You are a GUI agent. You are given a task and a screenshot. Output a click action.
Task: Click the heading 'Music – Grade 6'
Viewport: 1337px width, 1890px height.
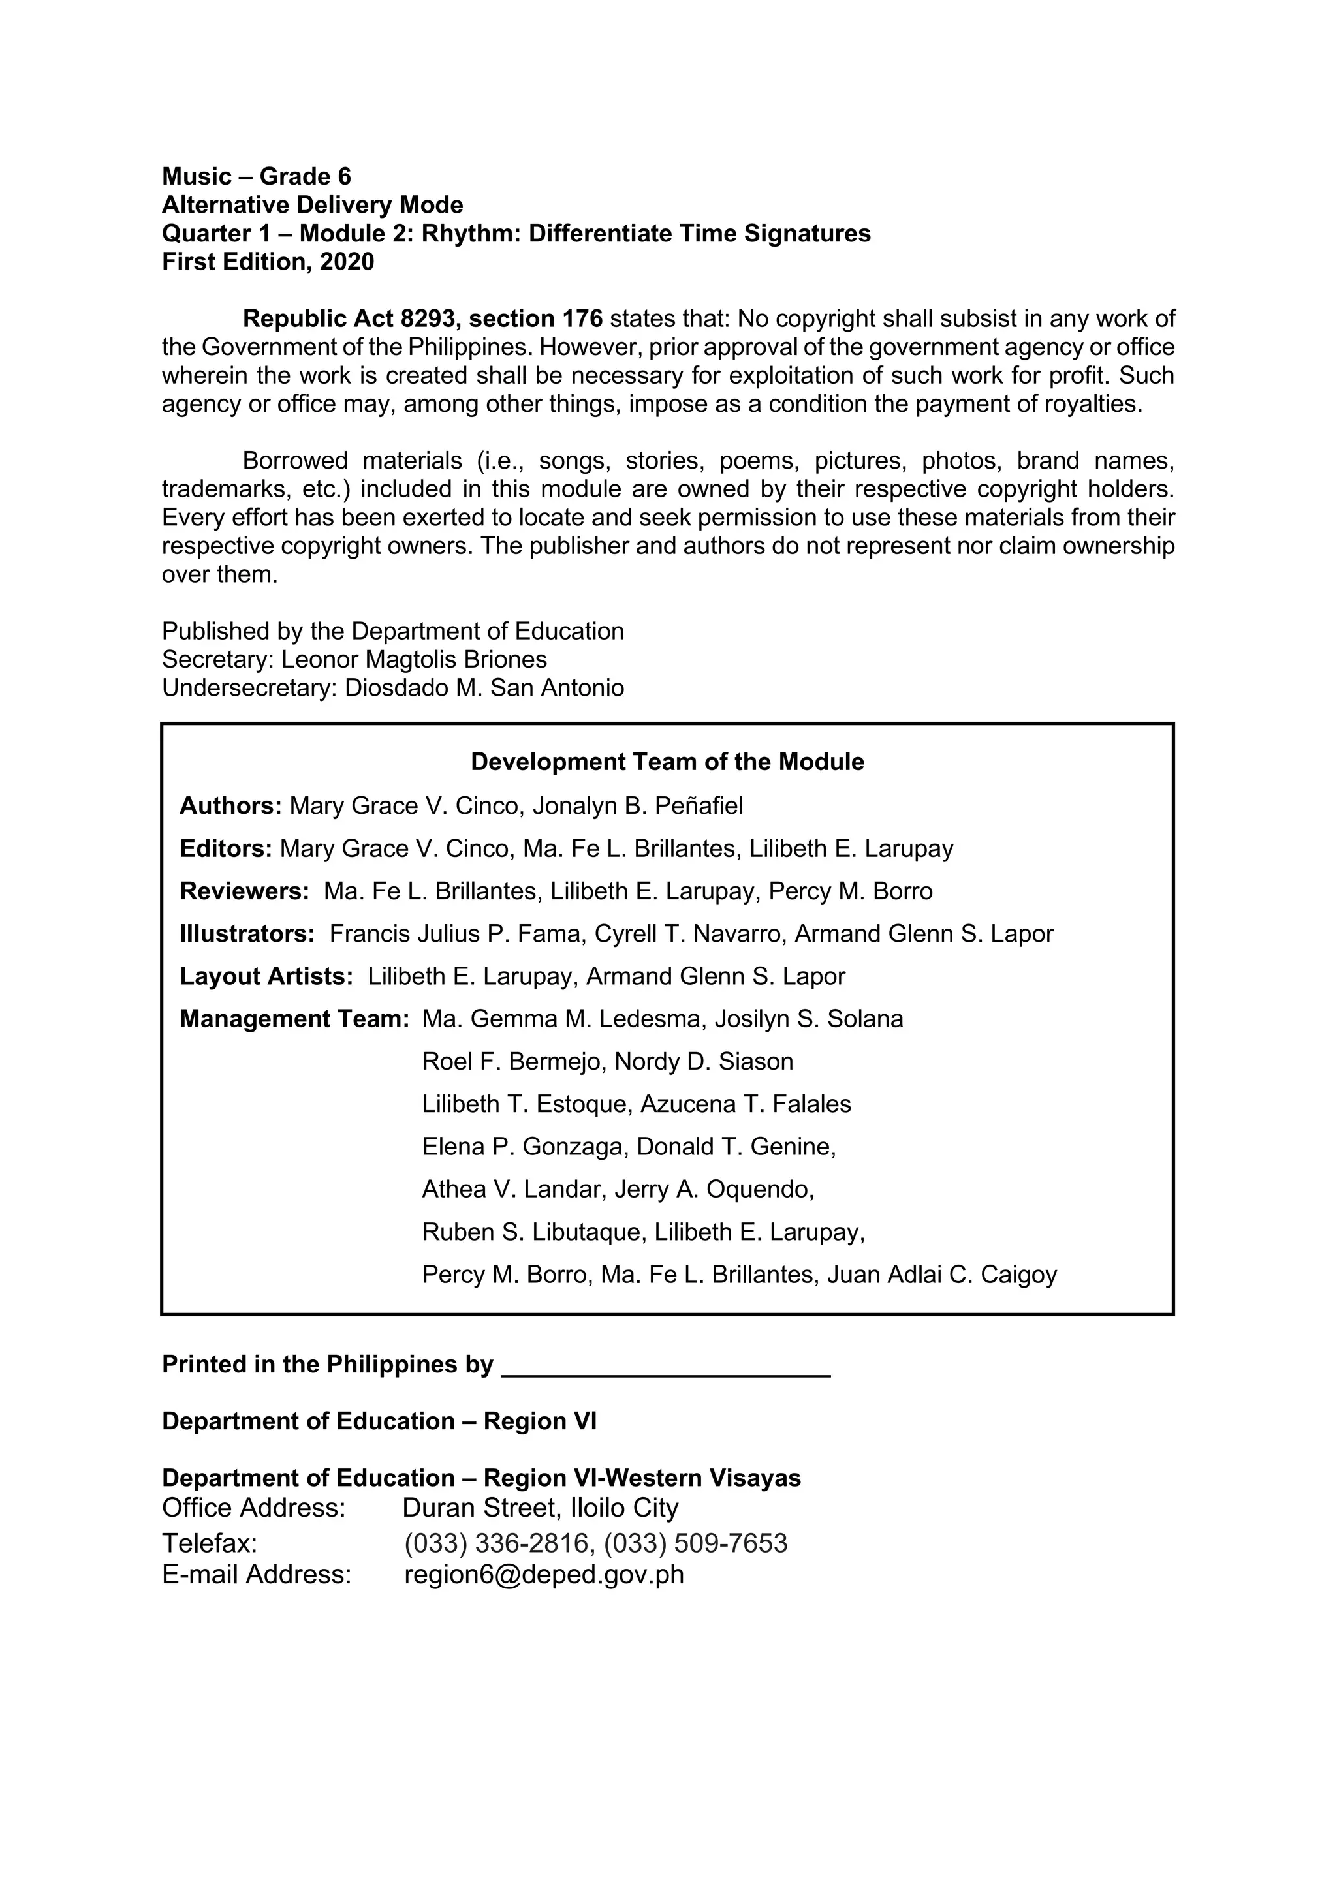(256, 176)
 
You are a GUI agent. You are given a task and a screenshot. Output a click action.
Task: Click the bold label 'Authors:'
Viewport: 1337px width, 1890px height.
(230, 805)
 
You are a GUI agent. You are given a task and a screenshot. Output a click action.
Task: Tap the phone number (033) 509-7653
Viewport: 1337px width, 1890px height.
(696, 1543)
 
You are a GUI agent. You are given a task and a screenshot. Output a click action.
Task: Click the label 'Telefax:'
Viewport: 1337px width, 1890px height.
(209, 1543)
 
